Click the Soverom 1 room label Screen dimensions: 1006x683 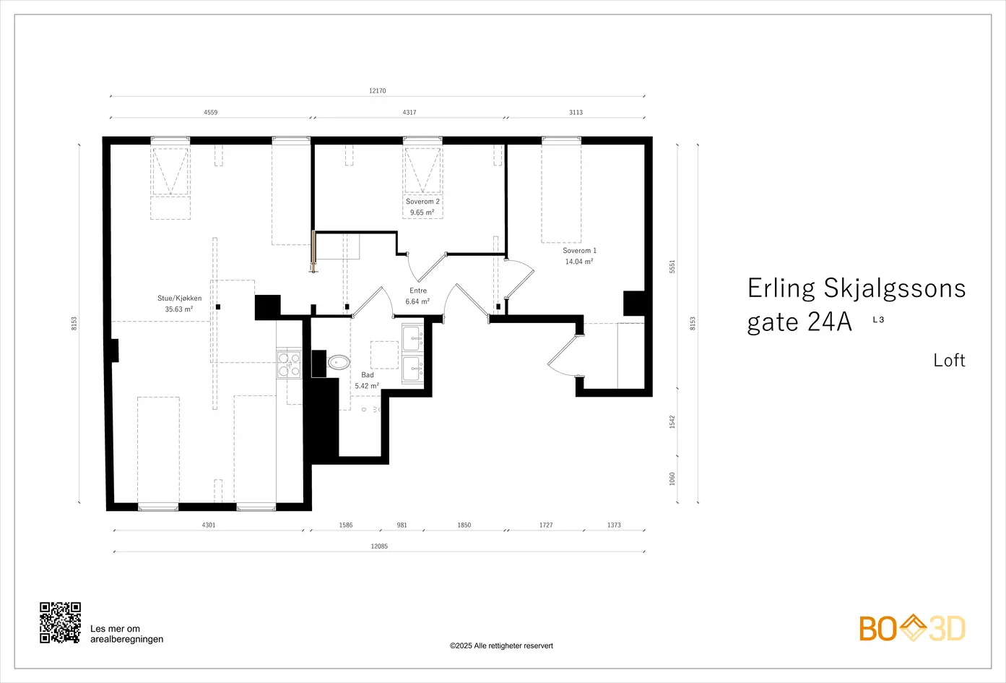[x=579, y=251]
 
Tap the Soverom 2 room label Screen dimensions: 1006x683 [x=422, y=202]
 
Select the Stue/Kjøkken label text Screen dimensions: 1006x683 [x=179, y=298]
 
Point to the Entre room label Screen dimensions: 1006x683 [x=418, y=291]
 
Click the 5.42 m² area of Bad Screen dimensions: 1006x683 [x=367, y=385]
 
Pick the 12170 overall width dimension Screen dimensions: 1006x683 [x=377, y=91]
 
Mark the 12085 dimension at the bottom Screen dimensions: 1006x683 [x=379, y=546]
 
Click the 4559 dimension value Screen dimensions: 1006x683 [x=211, y=112]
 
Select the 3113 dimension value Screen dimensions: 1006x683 [x=576, y=112]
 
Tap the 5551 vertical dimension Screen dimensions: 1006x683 [x=672, y=267]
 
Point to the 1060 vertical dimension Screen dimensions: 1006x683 [x=672, y=478]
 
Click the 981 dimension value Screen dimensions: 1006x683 [x=402, y=525]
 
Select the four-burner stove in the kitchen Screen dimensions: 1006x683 [x=289, y=364]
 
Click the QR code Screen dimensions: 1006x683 [x=60, y=622]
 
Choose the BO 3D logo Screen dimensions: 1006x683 [x=912, y=628]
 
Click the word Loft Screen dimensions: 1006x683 [x=949, y=361]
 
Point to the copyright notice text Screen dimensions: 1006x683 [x=501, y=645]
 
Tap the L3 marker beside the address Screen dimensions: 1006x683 [x=878, y=319]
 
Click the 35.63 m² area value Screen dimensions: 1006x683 [x=179, y=309]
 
